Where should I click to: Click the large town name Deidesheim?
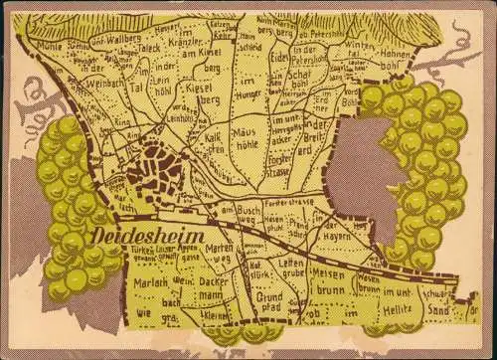tap(149, 236)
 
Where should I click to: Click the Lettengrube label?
tap(291, 268)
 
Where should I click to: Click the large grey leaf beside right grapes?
tap(364, 170)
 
